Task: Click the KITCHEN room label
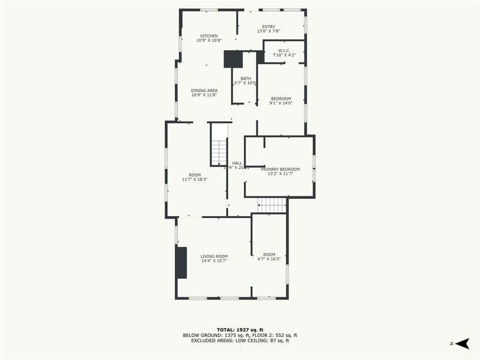coord(209,36)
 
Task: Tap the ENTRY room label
coord(268,27)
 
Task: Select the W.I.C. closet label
coord(284,50)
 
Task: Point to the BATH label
coord(245,78)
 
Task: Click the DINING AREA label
coord(204,91)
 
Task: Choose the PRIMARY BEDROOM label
coord(284,169)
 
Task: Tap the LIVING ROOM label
coord(214,257)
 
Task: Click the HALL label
coord(237,163)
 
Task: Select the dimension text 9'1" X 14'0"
coord(281,103)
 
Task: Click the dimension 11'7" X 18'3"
coord(195,180)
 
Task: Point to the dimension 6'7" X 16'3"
coord(269,259)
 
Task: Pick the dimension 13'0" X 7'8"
coord(268,31)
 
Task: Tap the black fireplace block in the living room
coord(182,262)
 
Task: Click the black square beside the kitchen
coord(233,59)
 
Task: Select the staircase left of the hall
coord(219,152)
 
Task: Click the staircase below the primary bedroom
coord(272,205)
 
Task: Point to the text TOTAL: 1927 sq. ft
coord(239,330)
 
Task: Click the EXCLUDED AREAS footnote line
coord(239,340)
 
